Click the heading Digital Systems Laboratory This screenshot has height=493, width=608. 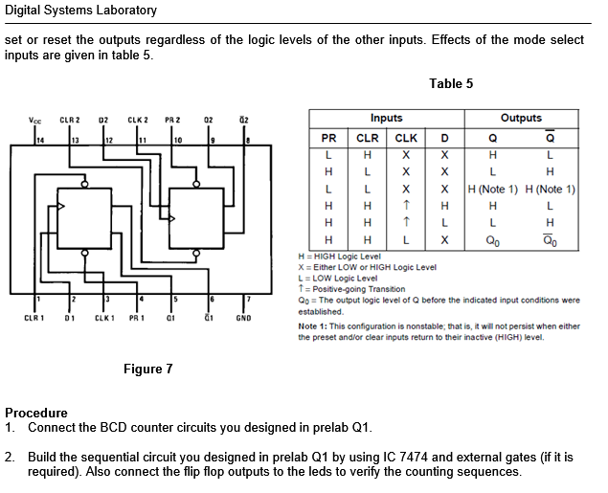pos(80,11)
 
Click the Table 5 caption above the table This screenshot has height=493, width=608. pos(451,83)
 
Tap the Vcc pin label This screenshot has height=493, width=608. pos(34,121)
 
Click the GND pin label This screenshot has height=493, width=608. pos(243,318)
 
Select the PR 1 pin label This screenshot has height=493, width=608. pos(138,318)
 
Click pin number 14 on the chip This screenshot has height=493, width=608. pos(40,140)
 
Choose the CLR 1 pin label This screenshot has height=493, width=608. pos(34,318)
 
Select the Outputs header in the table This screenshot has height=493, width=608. pos(521,119)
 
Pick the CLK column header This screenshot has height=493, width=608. pos(406,137)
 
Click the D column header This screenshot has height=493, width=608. pos(444,137)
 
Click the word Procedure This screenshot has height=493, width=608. pos(36,413)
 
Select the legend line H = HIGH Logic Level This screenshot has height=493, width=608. pos(340,257)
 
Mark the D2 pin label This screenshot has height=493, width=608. pos(103,121)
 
